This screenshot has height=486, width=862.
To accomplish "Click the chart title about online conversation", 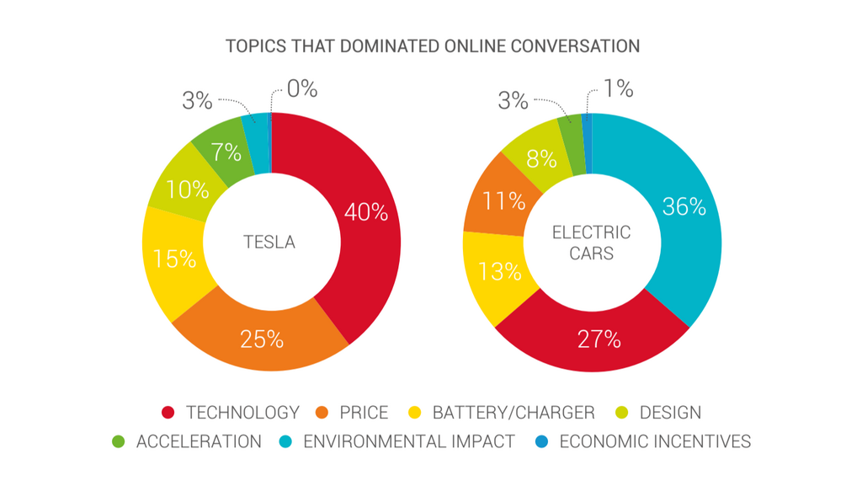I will click(x=432, y=45).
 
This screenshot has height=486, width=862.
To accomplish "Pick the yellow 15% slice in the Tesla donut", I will click(x=174, y=258).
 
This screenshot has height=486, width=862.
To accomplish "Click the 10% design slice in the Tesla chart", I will click(x=184, y=189).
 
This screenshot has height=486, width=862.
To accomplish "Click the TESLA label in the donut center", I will click(x=269, y=243).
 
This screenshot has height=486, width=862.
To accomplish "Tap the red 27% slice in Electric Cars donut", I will click(x=599, y=339).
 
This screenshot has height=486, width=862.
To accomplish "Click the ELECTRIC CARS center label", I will click(x=590, y=243).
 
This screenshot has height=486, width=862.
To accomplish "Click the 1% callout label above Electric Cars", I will click(x=616, y=89).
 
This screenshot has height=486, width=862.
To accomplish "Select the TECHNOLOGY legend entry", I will click(x=231, y=413).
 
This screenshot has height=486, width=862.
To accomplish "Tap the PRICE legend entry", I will click(x=353, y=413).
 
